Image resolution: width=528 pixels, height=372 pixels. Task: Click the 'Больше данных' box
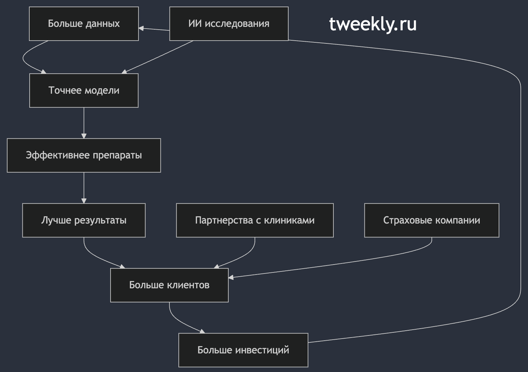84,23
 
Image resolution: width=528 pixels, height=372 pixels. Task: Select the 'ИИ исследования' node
229,23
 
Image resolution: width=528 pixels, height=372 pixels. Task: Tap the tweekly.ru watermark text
373,24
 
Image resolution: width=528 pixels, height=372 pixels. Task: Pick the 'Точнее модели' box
84,91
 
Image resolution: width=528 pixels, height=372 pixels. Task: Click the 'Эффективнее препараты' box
84,155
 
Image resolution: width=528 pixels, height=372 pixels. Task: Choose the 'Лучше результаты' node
84,220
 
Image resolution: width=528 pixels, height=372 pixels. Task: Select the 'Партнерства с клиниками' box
255,220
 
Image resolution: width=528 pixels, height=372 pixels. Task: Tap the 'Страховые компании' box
432,220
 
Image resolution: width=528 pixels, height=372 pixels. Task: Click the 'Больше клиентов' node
169,285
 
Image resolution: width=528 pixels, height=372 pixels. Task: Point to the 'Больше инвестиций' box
243,350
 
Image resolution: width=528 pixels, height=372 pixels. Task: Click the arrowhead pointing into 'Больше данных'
141,28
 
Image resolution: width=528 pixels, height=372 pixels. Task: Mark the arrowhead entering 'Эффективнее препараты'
84,136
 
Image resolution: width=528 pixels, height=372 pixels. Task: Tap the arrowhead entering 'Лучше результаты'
84,200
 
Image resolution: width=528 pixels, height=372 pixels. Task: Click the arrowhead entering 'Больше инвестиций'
203,331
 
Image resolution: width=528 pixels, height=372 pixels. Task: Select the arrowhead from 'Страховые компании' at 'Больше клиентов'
231,278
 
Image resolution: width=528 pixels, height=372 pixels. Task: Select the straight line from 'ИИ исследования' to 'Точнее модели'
157,57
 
